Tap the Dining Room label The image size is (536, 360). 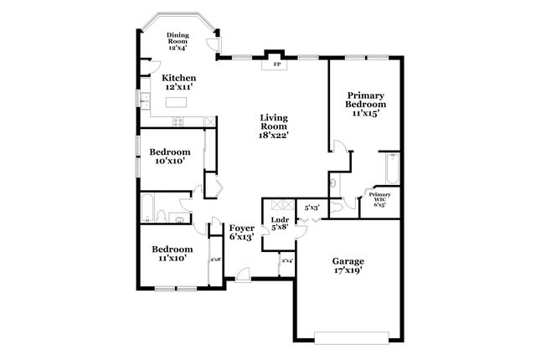click(178, 39)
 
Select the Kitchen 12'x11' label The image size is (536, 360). click(178, 82)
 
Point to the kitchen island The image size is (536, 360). click(176, 102)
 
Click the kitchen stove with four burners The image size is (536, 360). click(178, 122)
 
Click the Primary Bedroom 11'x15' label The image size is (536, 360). click(366, 104)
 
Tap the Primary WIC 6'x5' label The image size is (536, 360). click(379, 198)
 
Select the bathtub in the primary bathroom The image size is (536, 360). click(390, 171)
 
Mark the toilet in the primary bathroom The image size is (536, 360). click(332, 183)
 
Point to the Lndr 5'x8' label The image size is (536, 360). click(280, 223)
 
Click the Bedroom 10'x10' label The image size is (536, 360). click(170, 156)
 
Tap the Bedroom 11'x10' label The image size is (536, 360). click(172, 254)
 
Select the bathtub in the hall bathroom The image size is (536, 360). click(148, 207)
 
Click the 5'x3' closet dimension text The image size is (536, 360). click(312, 207)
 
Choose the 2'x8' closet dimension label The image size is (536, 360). click(215, 260)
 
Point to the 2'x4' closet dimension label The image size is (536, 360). click(287, 260)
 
